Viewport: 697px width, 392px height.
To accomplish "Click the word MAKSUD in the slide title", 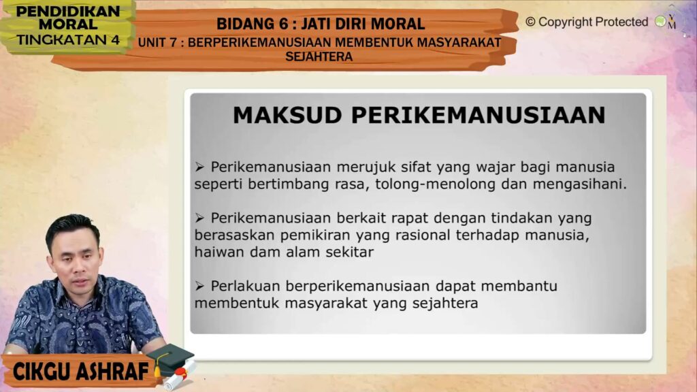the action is (x=287, y=115).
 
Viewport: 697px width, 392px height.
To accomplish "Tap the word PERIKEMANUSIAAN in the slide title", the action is (x=479, y=115).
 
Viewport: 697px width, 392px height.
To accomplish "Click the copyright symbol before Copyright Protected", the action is (x=530, y=22).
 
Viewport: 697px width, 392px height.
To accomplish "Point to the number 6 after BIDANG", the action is (x=284, y=24).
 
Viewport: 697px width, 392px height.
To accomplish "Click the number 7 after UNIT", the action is (x=174, y=43).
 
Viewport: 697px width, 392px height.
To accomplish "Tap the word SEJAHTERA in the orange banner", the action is (x=319, y=57).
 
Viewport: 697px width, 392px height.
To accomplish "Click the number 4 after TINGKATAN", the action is (x=116, y=40).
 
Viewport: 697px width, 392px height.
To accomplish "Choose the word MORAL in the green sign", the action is (x=68, y=24).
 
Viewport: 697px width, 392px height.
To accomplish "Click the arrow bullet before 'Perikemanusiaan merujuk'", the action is (x=199, y=167).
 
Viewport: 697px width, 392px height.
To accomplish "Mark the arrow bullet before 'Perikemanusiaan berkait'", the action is (x=199, y=218).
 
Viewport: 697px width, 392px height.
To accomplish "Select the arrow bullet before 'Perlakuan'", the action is (x=199, y=287).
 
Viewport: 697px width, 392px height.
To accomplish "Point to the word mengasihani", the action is (x=580, y=184).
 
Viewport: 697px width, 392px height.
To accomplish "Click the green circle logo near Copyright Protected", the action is (x=660, y=21).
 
